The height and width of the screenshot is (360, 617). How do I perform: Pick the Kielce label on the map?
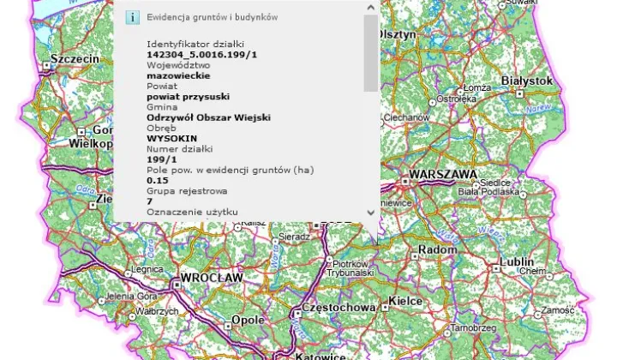(406, 301)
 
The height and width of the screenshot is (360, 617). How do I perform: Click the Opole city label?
(249, 321)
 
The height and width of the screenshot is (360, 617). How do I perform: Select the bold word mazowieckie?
(172, 75)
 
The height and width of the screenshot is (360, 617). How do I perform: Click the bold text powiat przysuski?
(183, 97)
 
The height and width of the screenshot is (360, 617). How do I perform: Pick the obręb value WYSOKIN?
(170, 137)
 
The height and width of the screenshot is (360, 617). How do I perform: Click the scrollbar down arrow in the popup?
(371, 212)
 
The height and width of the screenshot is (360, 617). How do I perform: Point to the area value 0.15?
(157, 180)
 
